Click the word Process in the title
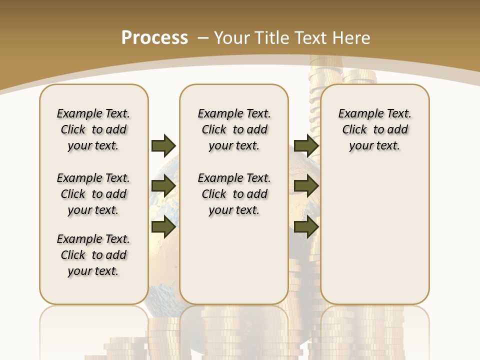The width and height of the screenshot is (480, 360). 154,37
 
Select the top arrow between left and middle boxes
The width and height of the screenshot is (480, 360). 163,145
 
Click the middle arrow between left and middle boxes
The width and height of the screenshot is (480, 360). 163,186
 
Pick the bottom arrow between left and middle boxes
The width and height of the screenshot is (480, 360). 163,227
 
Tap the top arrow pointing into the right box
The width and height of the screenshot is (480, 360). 306,145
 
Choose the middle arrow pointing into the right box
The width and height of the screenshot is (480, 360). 306,186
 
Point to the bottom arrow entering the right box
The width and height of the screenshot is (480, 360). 306,227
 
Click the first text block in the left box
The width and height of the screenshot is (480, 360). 93,129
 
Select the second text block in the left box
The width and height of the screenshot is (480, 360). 93,194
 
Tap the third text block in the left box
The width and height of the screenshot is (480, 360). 93,255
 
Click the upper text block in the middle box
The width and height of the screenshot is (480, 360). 234,129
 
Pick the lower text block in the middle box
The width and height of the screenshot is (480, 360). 234,194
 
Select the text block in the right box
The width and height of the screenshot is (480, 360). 375,129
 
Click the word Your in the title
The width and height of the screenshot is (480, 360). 230,37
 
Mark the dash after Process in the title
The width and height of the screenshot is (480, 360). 203,37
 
